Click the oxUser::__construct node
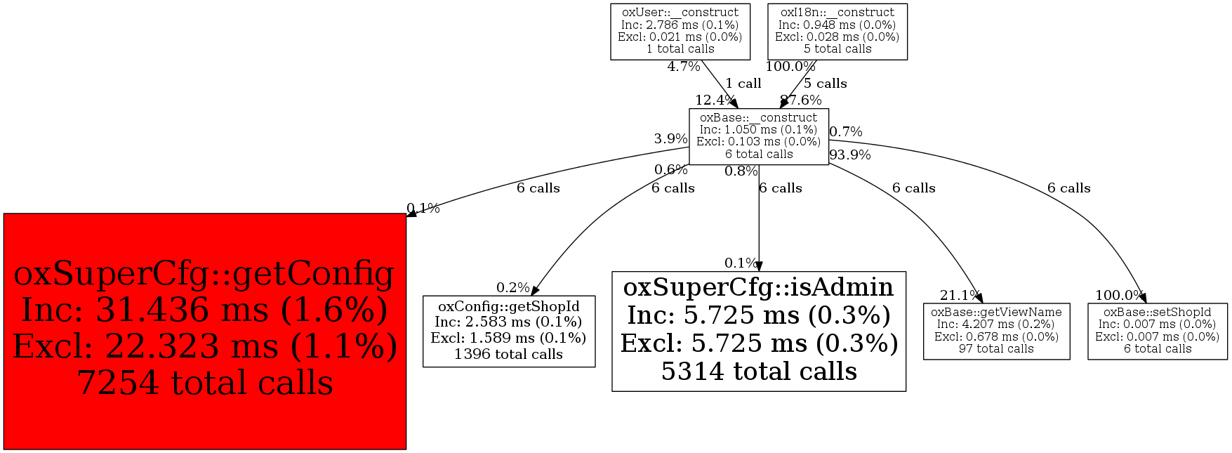[x=680, y=31]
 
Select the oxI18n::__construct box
[x=837, y=31]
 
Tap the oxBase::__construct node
[x=758, y=136]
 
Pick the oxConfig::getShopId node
[x=508, y=331]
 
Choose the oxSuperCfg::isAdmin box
[x=758, y=330]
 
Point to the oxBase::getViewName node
[x=996, y=331]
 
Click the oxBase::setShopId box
[x=1157, y=331]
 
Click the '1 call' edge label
[x=743, y=84]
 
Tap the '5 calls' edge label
[x=825, y=84]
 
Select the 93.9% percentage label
[x=850, y=155]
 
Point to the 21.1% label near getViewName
[x=960, y=296]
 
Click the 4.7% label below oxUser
[x=683, y=67]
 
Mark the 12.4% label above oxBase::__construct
[x=715, y=100]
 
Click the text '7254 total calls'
[x=204, y=383]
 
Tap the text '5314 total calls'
[x=758, y=371]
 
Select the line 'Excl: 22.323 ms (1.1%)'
[x=204, y=346]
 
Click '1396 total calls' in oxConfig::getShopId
[x=508, y=354]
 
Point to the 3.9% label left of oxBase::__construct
[x=670, y=139]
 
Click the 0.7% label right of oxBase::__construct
[x=846, y=132]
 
